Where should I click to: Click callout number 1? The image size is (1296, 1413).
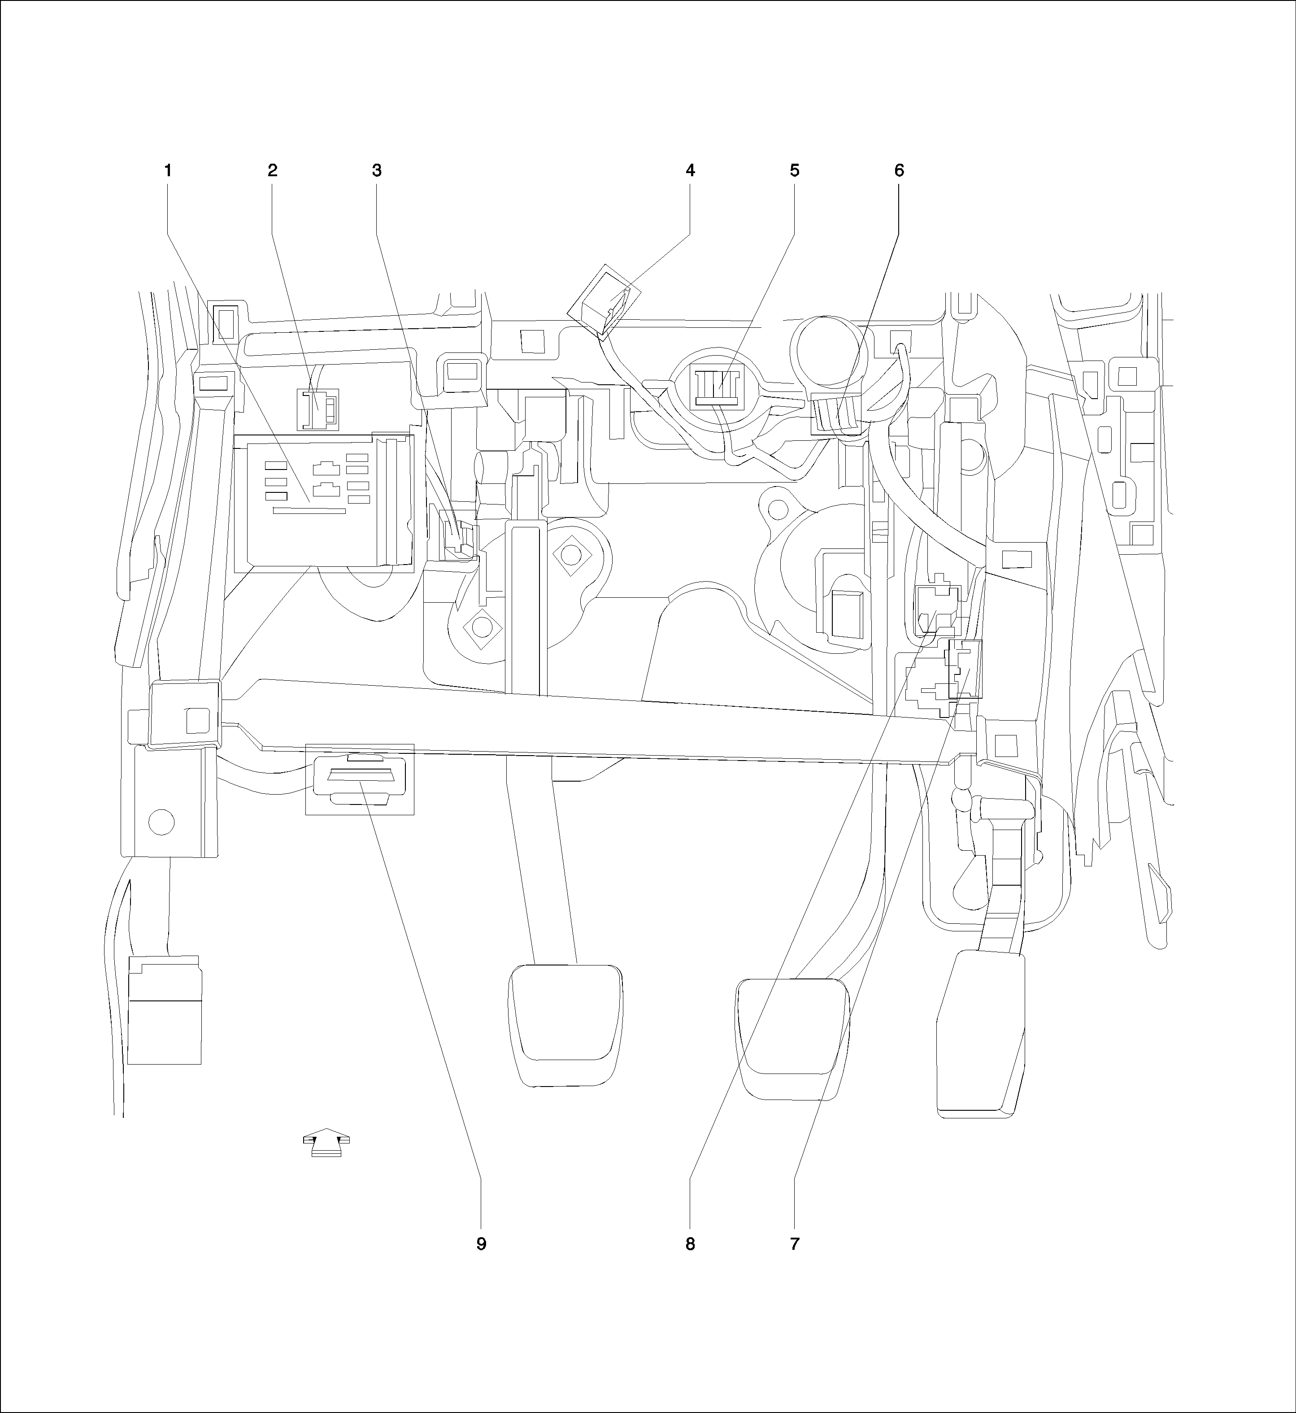coord(168,170)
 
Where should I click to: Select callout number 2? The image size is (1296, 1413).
coord(272,170)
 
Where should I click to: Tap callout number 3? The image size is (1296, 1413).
coord(377,170)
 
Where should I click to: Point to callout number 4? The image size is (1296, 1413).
coord(690,170)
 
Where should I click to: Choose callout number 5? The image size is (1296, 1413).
coord(795,170)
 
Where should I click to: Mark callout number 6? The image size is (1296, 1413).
coord(899,170)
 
